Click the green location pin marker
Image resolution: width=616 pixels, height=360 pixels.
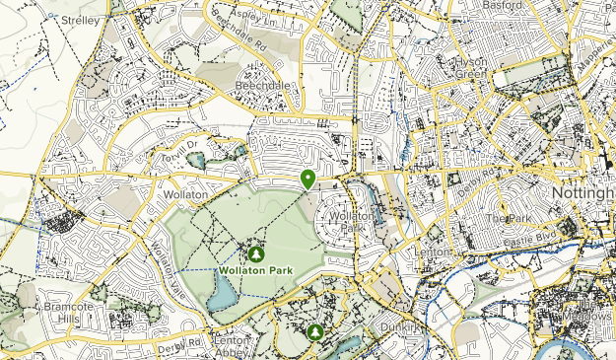coord(308,179)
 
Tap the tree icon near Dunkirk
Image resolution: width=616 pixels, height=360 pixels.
coord(315,331)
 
